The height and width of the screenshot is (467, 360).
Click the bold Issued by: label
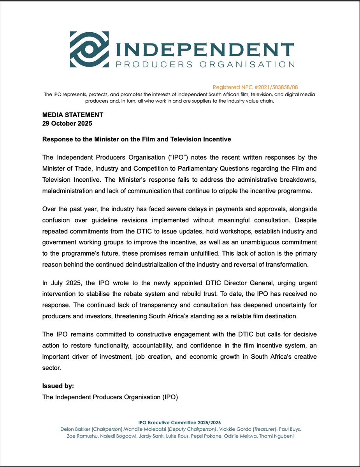pos(58,386)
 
